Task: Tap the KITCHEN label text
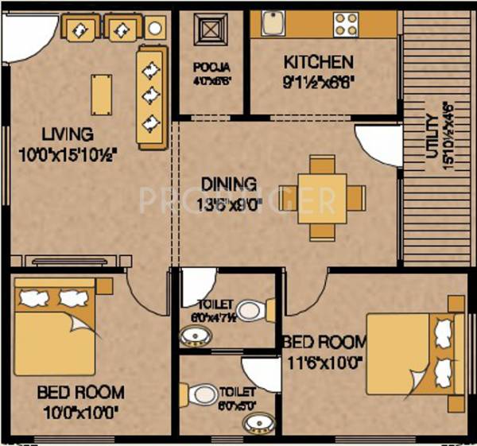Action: coord(318,62)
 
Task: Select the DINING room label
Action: coord(229,184)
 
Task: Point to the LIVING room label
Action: coord(68,134)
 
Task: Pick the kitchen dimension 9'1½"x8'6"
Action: coord(318,80)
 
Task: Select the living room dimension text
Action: coord(68,156)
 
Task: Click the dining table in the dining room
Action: coord(323,196)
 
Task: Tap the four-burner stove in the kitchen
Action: coord(347,23)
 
